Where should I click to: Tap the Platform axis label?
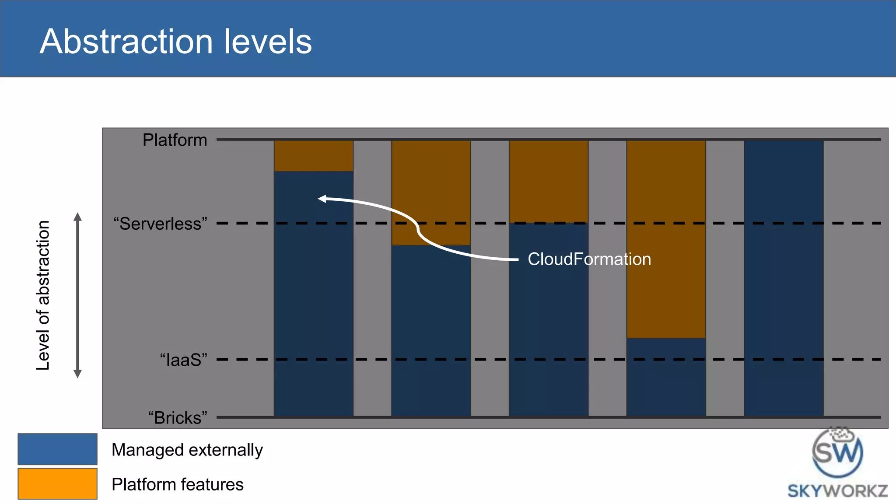175,140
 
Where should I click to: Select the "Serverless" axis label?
160,224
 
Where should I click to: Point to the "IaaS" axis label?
183,360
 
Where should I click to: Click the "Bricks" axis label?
177,418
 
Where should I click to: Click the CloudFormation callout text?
589,259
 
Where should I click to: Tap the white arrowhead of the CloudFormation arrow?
322,199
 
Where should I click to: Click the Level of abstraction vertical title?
43,295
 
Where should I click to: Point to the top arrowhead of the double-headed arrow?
77,217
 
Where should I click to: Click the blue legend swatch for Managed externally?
57,449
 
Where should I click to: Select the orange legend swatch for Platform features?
57,483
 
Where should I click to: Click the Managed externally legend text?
187,450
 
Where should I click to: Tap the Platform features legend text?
177,484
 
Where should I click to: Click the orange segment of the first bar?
313,156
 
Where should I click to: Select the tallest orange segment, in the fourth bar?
666,239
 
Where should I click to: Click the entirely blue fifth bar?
784,278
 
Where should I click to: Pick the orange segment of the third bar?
548,181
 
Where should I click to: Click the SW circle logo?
837,452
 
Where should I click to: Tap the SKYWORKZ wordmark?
837,491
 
